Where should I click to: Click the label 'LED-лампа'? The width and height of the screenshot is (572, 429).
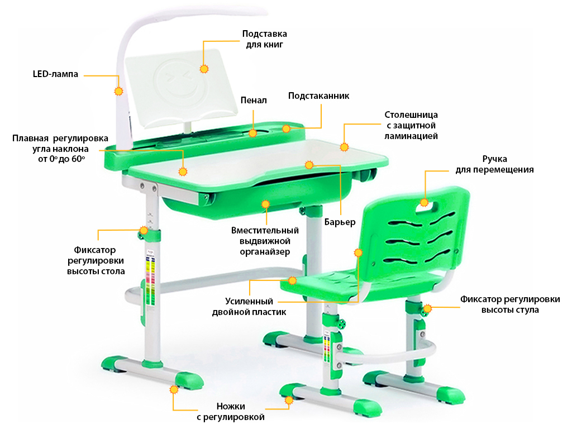click(x=55, y=74)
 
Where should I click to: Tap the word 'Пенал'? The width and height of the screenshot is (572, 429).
click(x=254, y=101)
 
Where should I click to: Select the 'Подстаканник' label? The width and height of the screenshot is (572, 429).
click(x=318, y=96)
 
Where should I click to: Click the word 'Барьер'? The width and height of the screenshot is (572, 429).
click(x=340, y=222)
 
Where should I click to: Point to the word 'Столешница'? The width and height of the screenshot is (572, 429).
click(x=411, y=115)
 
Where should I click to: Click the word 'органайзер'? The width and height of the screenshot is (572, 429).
click(x=265, y=252)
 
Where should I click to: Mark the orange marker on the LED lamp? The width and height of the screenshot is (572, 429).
click(x=118, y=91)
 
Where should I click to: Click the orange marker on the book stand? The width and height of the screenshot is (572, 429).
click(x=204, y=69)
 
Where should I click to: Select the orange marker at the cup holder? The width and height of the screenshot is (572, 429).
click(x=287, y=128)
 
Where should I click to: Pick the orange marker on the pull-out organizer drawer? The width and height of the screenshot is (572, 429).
click(x=265, y=204)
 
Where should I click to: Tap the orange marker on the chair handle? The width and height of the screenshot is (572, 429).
click(x=424, y=202)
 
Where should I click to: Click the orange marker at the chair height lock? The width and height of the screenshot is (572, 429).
click(x=427, y=308)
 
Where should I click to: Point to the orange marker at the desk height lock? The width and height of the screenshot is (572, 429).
click(x=144, y=230)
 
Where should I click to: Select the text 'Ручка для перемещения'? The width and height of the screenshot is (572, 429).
click(x=494, y=165)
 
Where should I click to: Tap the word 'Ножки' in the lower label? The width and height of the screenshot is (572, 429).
click(x=231, y=407)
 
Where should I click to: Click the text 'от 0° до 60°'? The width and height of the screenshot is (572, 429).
click(x=61, y=159)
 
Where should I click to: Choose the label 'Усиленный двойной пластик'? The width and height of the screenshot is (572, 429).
click(x=249, y=307)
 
